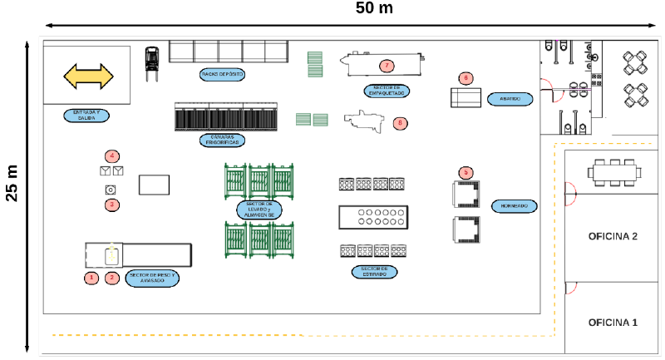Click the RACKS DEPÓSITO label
(222, 75)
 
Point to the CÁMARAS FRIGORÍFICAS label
(222, 140)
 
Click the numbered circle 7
(386, 65)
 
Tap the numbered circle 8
(401, 123)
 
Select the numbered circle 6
(465, 78)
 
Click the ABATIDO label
(510, 98)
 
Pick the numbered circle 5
(466, 172)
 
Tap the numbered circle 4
(111, 155)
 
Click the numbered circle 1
(92, 278)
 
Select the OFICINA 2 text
(613, 236)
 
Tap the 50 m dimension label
(374, 8)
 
